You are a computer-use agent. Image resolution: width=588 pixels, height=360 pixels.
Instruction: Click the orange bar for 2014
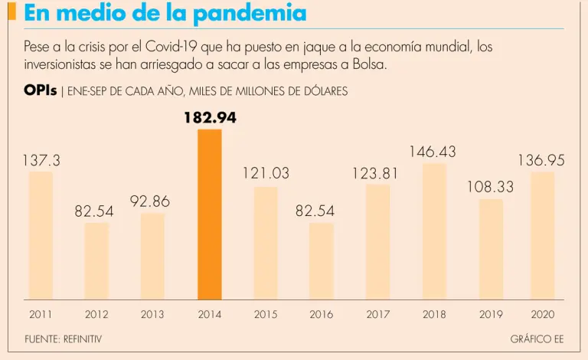[x=210, y=214]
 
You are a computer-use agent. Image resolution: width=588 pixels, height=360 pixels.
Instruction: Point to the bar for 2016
[x=322, y=260]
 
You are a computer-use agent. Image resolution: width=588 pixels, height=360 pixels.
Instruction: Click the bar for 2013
[x=152, y=256]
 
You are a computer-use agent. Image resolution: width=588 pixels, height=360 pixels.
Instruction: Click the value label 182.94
[x=210, y=118]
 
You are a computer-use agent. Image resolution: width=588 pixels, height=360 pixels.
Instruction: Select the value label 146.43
[x=433, y=152]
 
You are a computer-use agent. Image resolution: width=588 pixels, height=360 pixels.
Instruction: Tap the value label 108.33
[x=490, y=187]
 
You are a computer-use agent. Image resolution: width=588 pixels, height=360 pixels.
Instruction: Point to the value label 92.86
[x=150, y=201]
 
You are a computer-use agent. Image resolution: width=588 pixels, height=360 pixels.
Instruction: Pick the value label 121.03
[x=266, y=174]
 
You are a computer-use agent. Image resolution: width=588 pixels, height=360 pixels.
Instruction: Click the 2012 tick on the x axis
[x=96, y=314]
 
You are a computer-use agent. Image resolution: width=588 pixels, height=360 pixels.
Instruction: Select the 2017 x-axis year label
[x=377, y=314]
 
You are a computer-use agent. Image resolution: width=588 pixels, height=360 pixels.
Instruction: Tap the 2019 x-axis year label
[x=490, y=314]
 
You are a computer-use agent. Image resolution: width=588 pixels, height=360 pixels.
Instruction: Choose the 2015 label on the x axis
[x=266, y=314]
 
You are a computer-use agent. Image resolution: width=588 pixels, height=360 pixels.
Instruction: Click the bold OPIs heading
[x=40, y=90]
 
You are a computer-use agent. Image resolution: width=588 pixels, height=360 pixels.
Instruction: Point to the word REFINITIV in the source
[x=82, y=338]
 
